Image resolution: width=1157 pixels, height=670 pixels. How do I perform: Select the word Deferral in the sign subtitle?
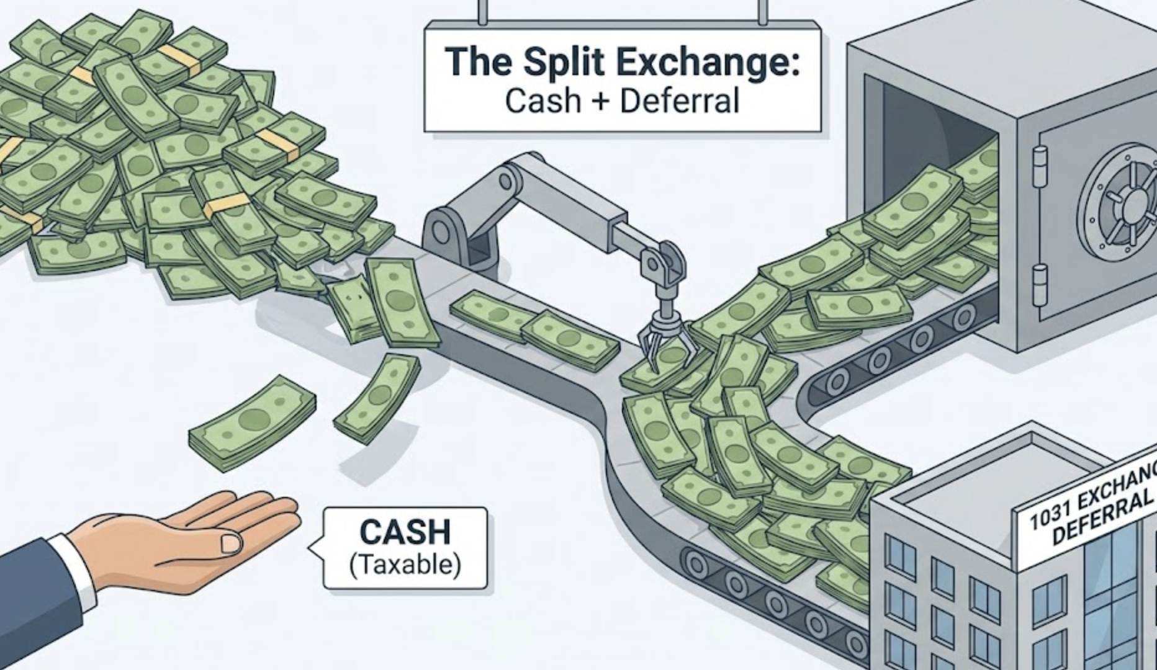tap(680, 101)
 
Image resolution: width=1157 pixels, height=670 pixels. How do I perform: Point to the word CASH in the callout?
tap(405, 533)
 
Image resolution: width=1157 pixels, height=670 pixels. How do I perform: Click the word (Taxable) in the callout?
tap(405, 565)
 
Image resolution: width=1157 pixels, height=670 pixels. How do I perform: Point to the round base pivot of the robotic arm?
tap(441, 232)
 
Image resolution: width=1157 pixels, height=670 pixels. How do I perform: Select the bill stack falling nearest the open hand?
tap(251, 422)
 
